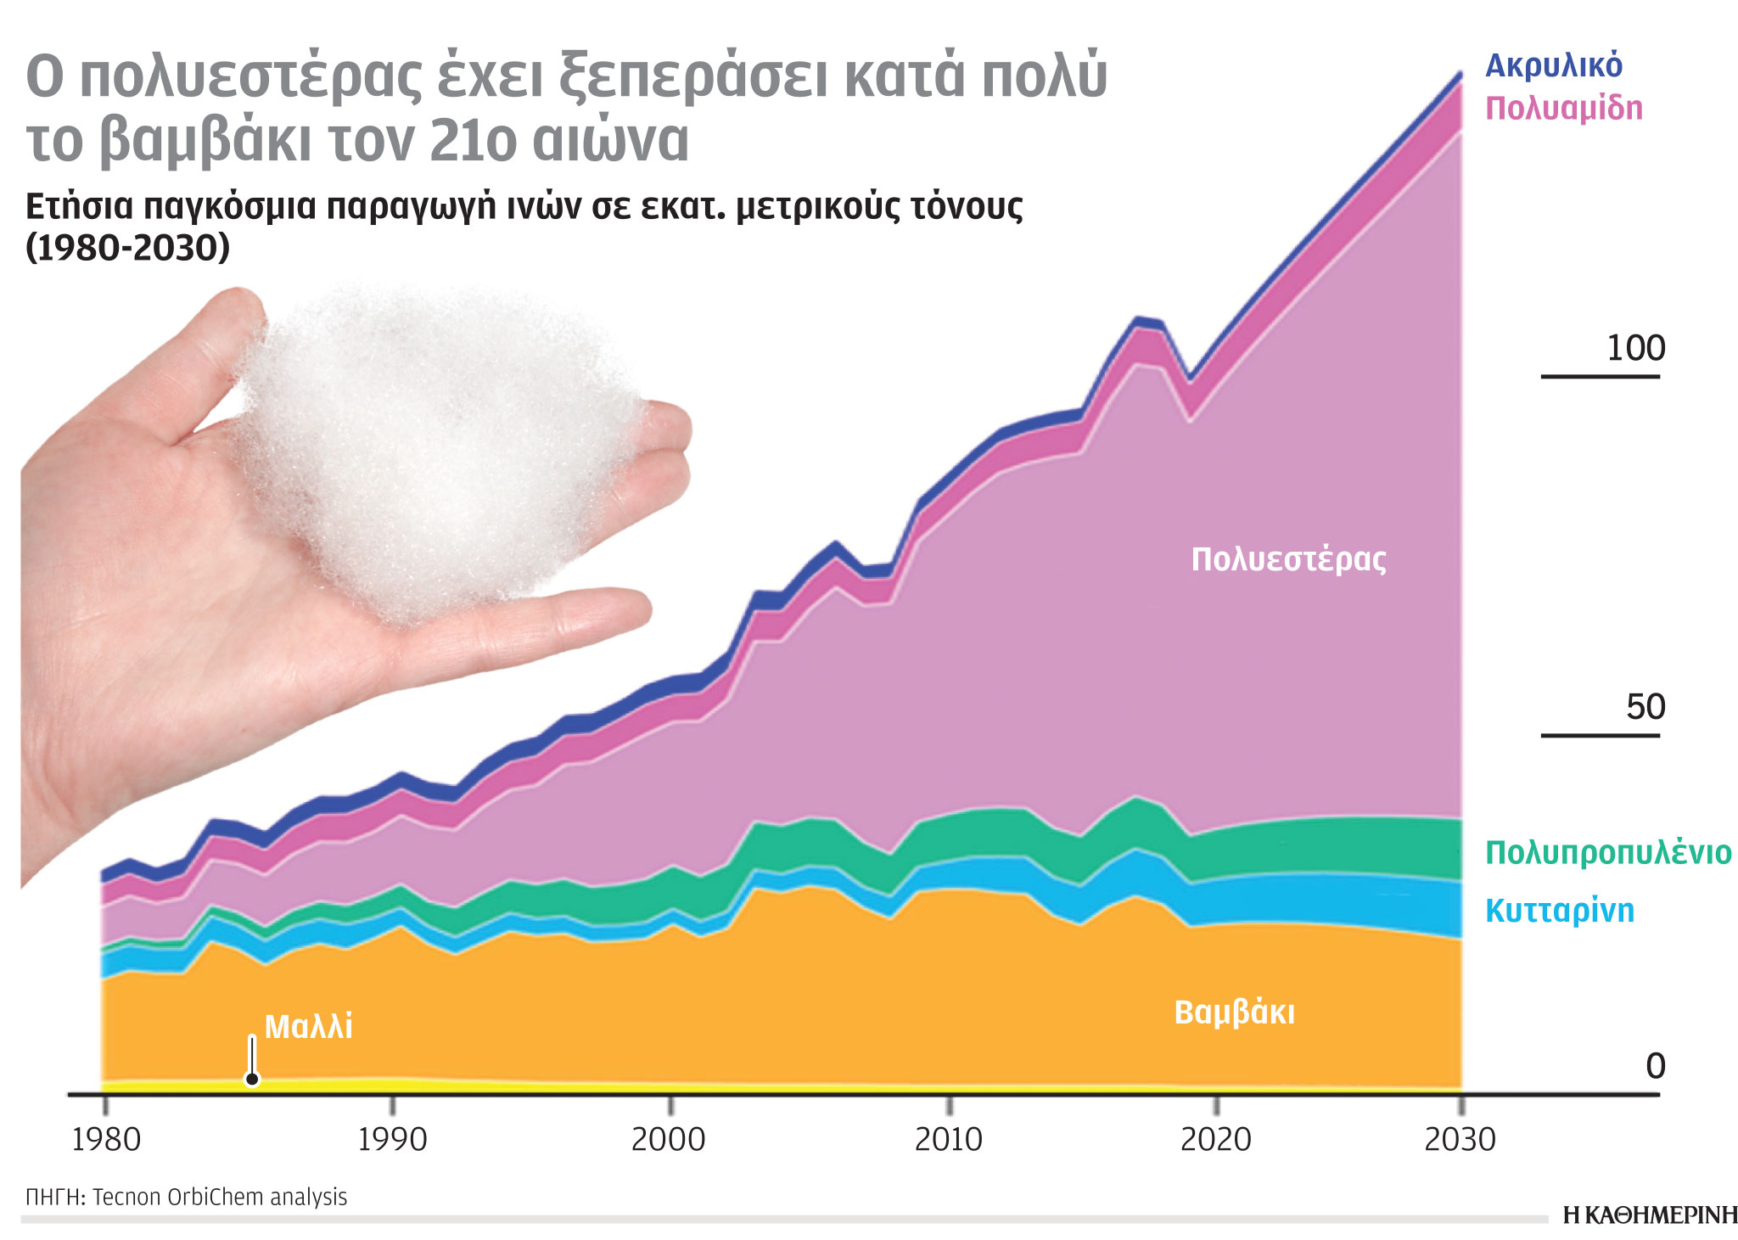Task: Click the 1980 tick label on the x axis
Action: click(106, 1139)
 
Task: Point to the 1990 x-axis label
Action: click(391, 1139)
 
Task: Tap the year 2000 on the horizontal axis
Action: click(669, 1139)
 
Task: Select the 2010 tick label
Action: click(948, 1139)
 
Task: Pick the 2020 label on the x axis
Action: click(1215, 1139)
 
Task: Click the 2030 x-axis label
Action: click(1460, 1139)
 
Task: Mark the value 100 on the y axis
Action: click(1635, 348)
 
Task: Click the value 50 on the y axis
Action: click(1645, 707)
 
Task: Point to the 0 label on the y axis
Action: click(1655, 1066)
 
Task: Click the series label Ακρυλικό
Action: click(1553, 65)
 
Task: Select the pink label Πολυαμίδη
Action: click(1563, 109)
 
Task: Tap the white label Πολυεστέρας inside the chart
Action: click(1288, 560)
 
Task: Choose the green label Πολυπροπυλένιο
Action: click(1607, 852)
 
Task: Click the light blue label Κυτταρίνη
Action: click(1559, 911)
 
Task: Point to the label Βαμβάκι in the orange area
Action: click(1234, 1013)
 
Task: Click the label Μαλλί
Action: click(308, 1027)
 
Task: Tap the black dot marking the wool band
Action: click(252, 1080)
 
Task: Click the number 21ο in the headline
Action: click(472, 141)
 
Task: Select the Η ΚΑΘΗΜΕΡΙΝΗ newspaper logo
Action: click(1649, 1215)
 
